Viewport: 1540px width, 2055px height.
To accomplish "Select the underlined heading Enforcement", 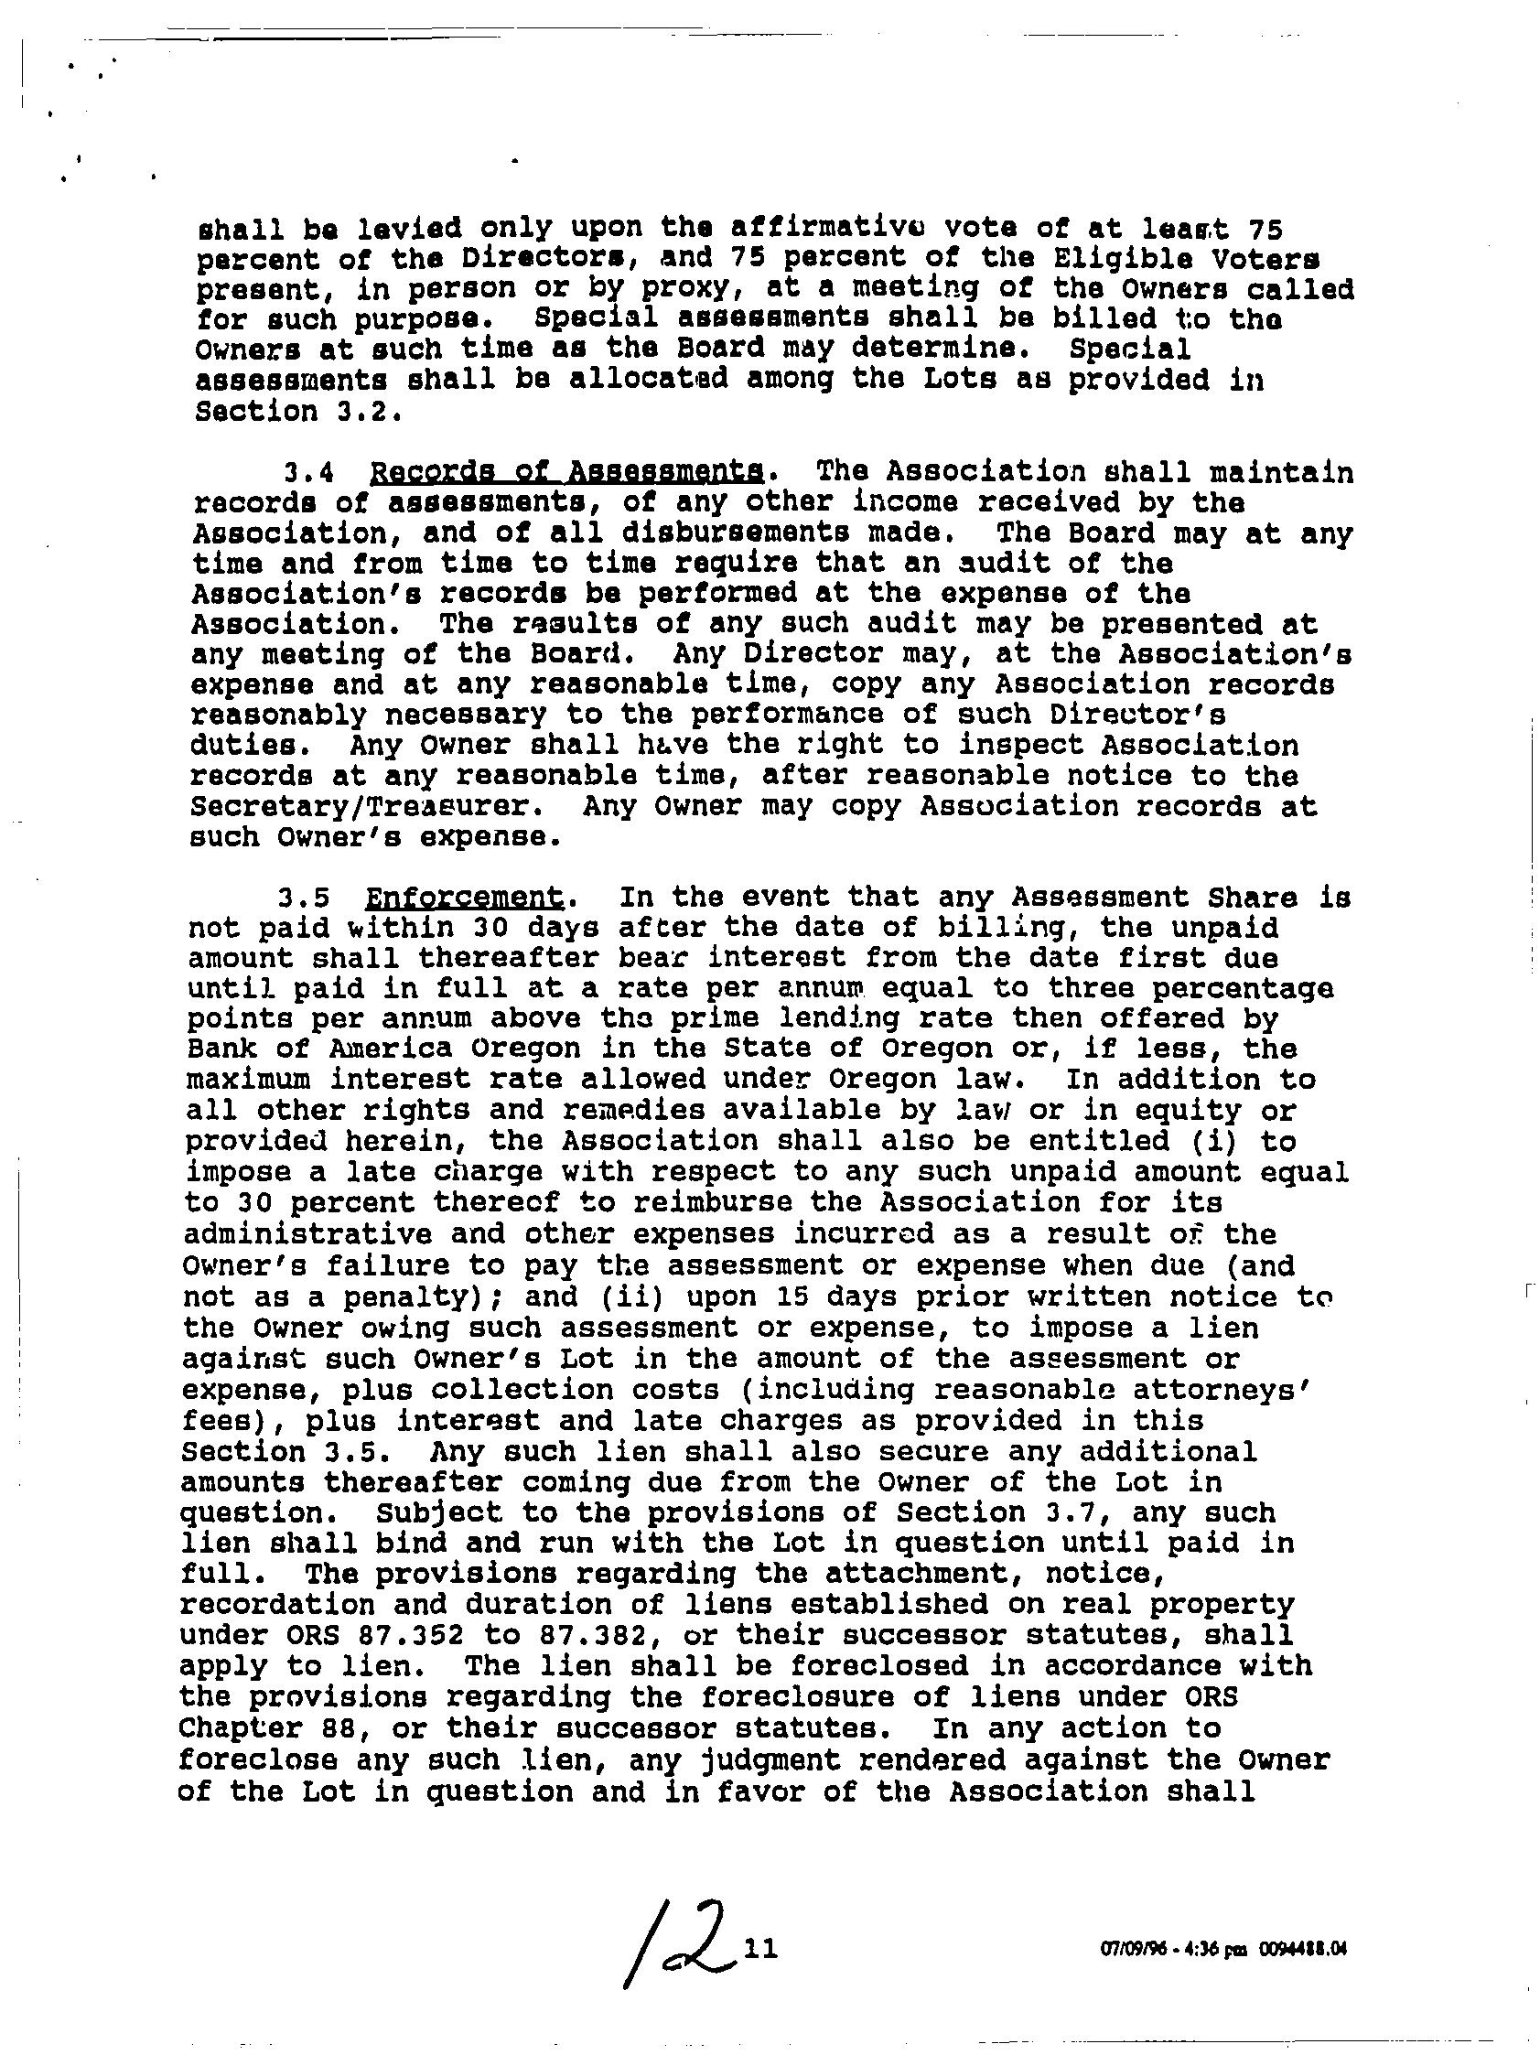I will pyautogui.click(x=465, y=898).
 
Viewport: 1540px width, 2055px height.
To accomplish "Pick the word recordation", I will pyautogui.click(x=275, y=1605).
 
